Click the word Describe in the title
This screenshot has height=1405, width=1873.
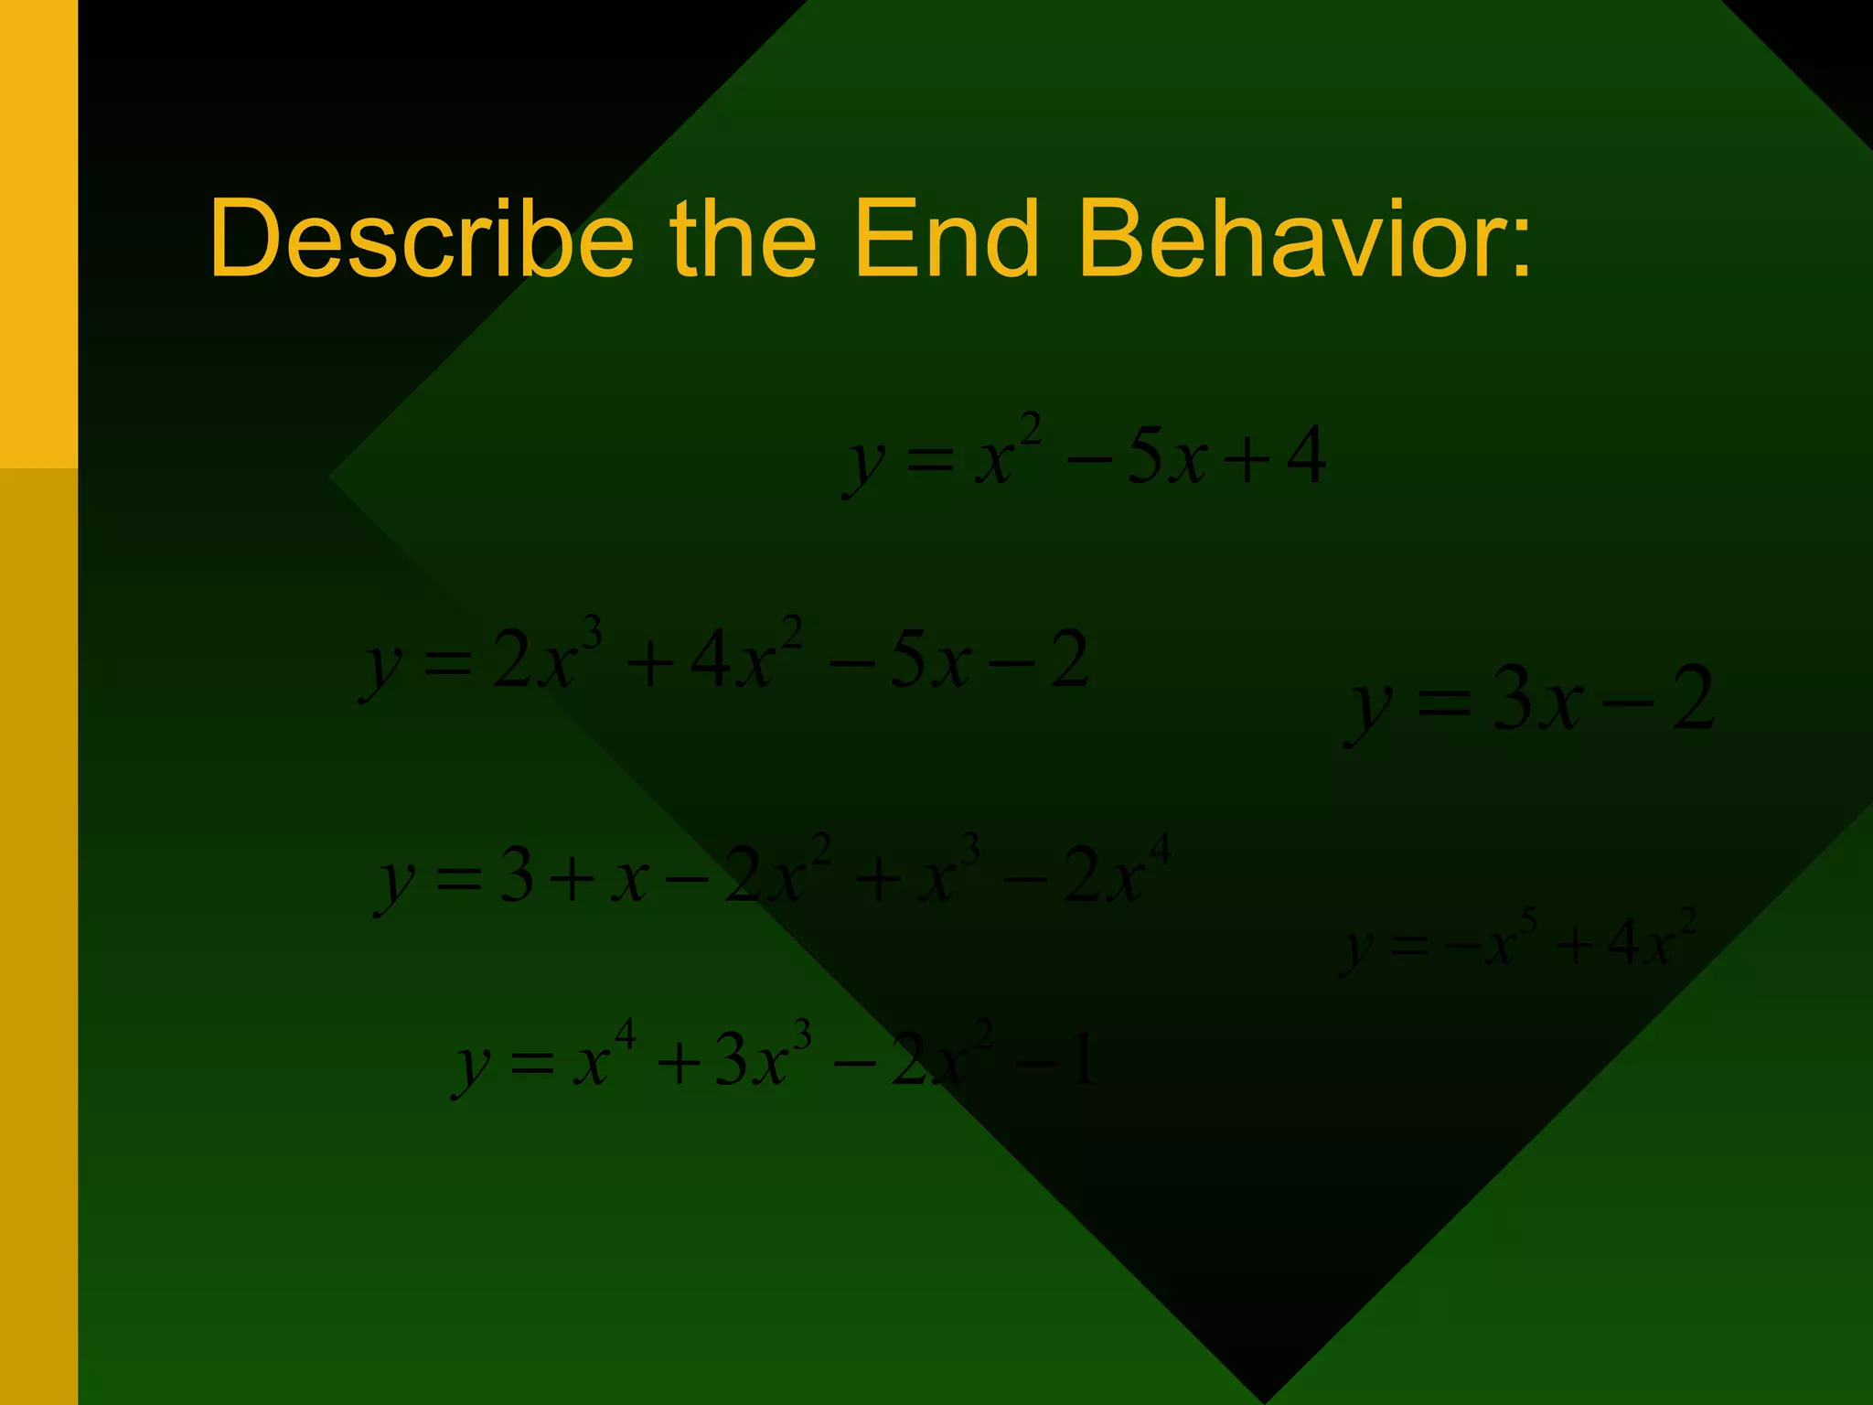(421, 240)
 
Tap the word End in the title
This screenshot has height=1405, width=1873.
(947, 240)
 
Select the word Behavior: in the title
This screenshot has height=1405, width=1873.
(1304, 240)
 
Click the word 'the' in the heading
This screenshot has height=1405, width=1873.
(743, 240)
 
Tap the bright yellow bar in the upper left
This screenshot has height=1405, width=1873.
(38, 229)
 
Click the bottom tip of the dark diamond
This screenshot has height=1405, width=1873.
(1266, 1396)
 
